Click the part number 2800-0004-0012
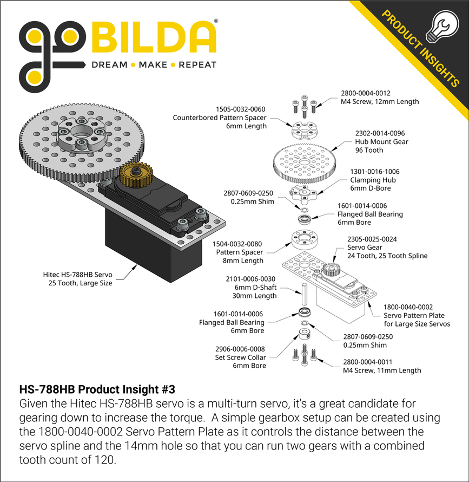pos(365,93)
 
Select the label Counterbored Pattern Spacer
pos(220,117)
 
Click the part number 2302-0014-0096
pos(379,133)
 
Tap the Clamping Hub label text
pos(373,180)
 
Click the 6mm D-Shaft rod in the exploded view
pos(304,294)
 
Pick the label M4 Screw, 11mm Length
pos(382,370)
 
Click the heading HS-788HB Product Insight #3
pos(97,389)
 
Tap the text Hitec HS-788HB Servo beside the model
pos(78,274)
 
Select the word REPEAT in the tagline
pos(197,65)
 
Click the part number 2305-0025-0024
pos(372,238)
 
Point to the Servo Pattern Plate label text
pos(414,315)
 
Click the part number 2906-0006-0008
pos(240,349)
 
